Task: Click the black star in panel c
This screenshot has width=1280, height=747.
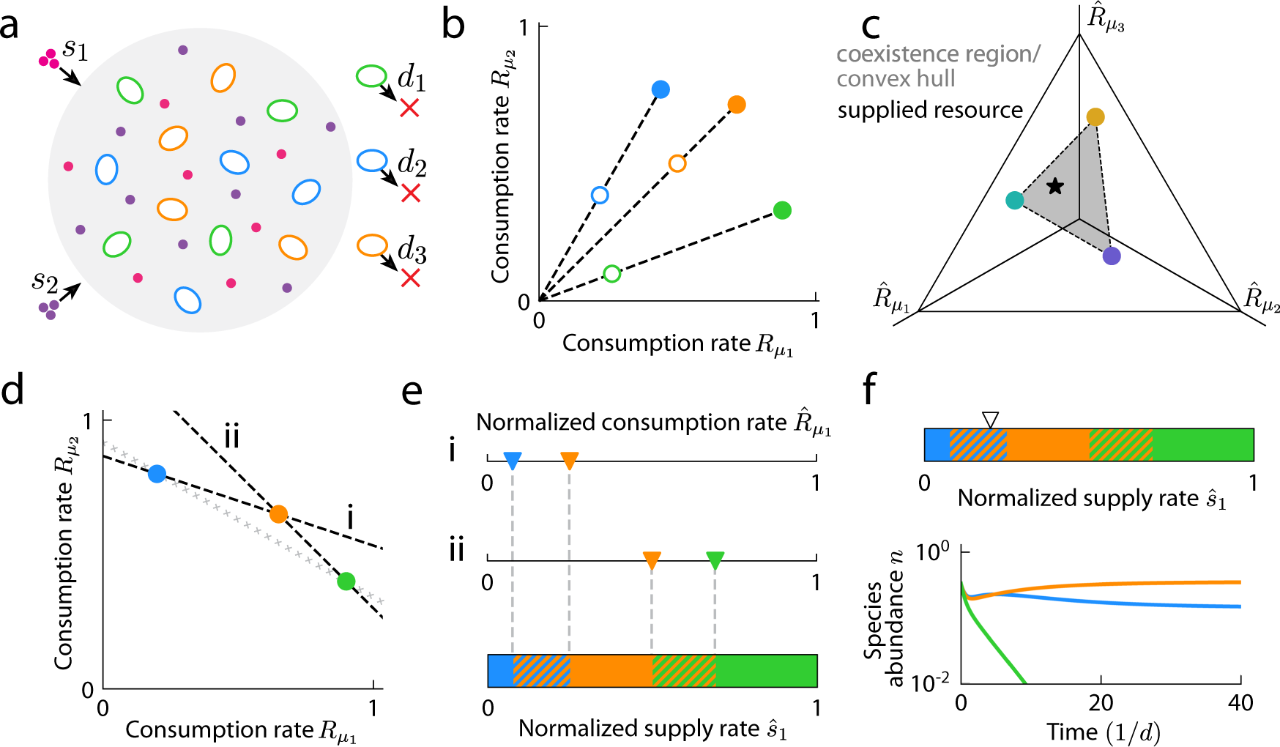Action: pos(1054,186)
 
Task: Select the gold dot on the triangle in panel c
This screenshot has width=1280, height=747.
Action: pos(1095,117)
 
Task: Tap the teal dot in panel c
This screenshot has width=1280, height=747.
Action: pos(1014,200)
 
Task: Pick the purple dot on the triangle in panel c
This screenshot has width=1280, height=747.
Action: pos(1112,256)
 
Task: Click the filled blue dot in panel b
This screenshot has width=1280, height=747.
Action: pos(661,89)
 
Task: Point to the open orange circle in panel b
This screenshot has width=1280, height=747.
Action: pos(677,163)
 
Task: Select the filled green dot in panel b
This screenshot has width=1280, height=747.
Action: pos(782,210)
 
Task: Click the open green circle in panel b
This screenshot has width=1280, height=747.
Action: pos(612,274)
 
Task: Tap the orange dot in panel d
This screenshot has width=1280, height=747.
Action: pos(278,514)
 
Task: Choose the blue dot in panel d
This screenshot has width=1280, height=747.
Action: pos(157,474)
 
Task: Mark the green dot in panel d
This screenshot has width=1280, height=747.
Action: pos(346,581)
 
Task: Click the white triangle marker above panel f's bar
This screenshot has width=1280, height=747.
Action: pos(990,420)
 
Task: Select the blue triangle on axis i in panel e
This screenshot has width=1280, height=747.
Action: pos(513,461)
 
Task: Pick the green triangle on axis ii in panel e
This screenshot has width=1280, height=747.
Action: pos(715,561)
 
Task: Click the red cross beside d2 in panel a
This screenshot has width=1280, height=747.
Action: pos(411,193)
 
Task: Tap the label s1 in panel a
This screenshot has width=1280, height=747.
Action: pos(75,50)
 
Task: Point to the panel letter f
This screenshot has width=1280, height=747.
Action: pos(870,390)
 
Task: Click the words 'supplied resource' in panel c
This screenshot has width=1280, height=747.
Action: pos(930,110)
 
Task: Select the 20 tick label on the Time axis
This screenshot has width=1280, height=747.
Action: pos(1101,703)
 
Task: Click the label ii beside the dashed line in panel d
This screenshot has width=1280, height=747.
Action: pos(231,436)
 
